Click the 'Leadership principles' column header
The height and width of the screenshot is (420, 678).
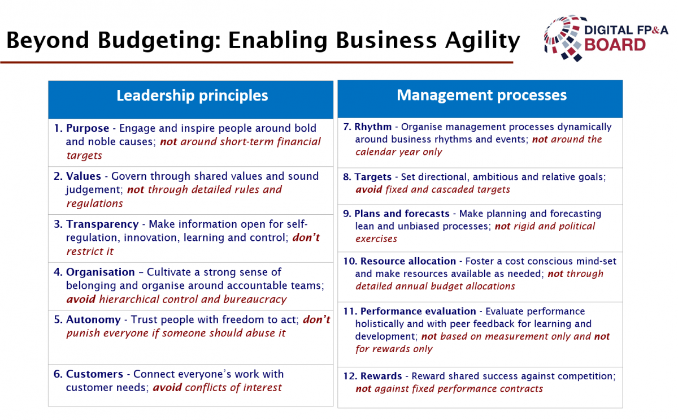(192, 96)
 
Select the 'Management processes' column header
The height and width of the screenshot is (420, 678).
(481, 96)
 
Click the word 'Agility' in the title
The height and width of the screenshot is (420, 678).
(483, 41)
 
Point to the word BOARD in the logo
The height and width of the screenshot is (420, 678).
(615, 45)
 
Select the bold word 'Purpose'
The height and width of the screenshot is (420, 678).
(88, 128)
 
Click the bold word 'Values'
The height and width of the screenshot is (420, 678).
(83, 176)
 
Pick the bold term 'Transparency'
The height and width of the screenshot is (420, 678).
(102, 224)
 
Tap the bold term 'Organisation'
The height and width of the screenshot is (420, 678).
(100, 272)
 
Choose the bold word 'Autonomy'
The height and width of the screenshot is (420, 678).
(93, 320)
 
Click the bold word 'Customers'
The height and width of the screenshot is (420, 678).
(94, 374)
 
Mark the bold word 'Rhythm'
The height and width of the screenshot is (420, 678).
(373, 127)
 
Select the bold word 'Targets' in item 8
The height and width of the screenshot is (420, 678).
(373, 177)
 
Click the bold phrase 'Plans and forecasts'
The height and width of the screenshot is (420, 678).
(402, 214)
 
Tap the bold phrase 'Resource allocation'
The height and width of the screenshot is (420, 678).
(408, 261)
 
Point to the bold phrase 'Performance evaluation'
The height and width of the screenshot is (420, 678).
(418, 311)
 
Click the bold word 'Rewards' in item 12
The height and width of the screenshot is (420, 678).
(381, 376)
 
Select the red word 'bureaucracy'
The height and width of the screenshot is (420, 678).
(255, 300)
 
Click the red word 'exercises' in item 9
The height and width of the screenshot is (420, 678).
(376, 239)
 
